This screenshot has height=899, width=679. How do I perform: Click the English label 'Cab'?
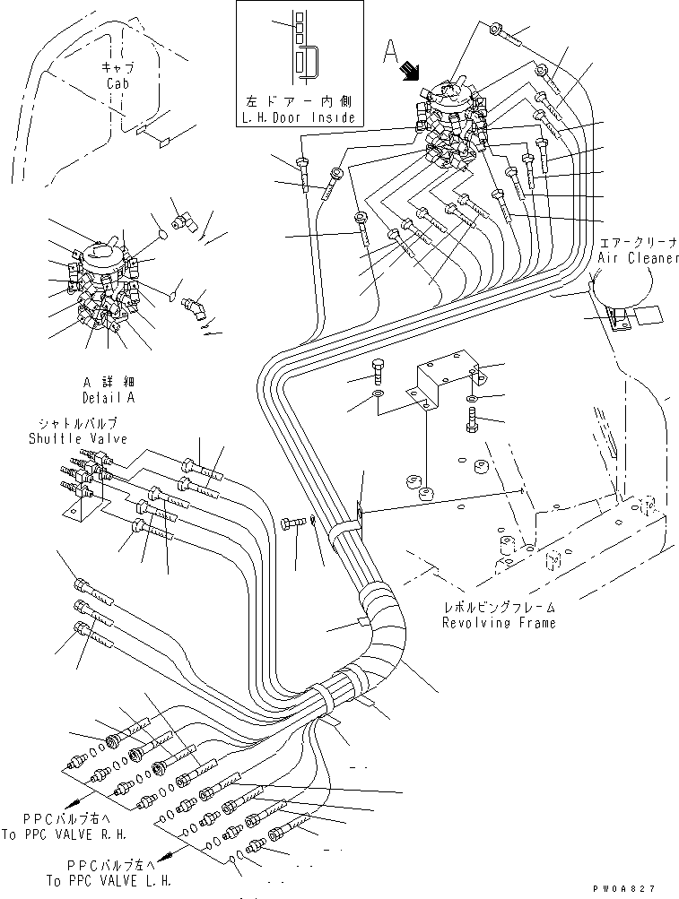pos(118,82)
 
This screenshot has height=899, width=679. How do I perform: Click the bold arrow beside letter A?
pos(413,70)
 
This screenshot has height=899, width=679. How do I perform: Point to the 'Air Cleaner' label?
pos(633,257)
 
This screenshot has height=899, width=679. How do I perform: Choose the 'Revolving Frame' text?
pos(499,622)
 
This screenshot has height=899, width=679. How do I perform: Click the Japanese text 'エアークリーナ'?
pos(634,242)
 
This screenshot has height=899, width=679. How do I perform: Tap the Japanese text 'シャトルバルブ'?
pos(78,423)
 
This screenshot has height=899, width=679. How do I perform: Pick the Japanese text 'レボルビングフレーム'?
pos(499,607)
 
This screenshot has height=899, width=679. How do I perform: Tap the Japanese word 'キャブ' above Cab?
pos(118,67)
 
